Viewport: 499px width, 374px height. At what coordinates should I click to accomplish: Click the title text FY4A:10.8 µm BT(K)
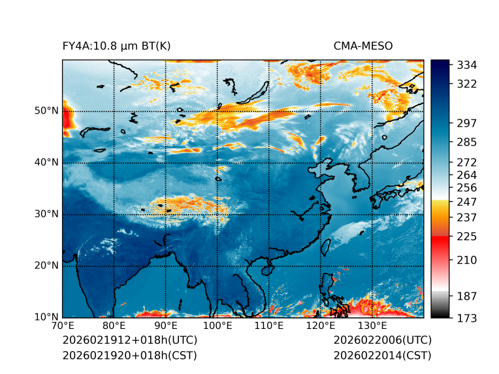(116, 46)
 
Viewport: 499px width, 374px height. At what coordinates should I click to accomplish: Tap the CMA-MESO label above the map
(363, 46)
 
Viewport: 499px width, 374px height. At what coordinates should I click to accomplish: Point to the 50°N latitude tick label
(46, 111)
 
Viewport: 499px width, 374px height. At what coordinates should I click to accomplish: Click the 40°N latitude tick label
(46, 163)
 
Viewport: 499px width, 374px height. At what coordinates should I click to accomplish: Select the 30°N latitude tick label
(46, 214)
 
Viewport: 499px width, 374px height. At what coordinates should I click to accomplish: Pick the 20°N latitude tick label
(46, 266)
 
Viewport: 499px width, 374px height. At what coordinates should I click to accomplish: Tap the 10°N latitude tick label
(46, 317)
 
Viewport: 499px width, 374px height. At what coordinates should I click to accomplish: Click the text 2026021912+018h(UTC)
(129, 341)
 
